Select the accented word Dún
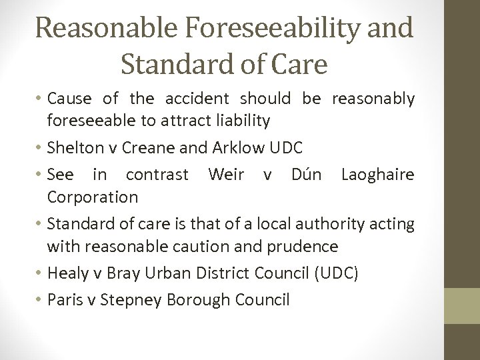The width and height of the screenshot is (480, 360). click(307, 175)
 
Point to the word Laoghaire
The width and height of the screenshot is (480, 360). click(377, 175)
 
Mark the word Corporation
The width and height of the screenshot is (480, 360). click(93, 197)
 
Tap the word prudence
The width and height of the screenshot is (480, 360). click(303, 247)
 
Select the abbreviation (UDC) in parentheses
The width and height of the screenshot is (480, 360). click(335, 273)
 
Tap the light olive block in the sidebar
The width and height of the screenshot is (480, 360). click(462, 306)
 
